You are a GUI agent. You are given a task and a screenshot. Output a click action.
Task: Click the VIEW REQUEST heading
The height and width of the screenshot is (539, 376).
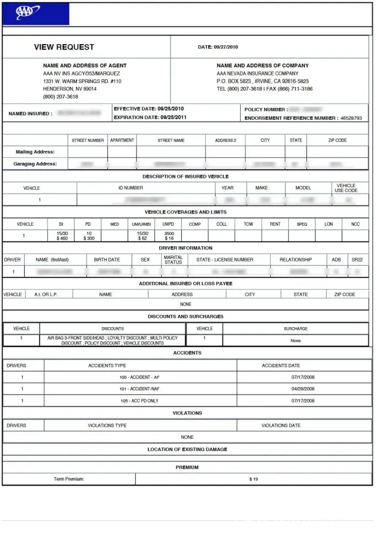(x=64, y=47)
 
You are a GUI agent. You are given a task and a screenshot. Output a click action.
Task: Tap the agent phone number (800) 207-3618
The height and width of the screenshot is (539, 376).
(x=60, y=97)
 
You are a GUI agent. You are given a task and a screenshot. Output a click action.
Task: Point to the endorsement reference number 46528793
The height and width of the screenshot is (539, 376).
(x=351, y=118)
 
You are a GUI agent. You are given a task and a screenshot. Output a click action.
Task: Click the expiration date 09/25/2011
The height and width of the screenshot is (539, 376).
(x=173, y=118)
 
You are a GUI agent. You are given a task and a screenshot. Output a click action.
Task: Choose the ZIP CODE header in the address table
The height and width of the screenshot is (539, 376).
(x=337, y=140)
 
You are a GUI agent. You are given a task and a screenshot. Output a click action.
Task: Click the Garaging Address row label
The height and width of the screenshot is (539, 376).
(x=35, y=164)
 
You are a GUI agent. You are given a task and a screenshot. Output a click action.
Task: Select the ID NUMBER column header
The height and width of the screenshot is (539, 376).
(x=131, y=188)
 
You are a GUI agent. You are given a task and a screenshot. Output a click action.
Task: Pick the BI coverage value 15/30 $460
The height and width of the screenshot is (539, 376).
(x=62, y=236)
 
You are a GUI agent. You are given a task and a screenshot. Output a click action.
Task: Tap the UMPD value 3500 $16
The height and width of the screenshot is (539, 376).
(x=169, y=236)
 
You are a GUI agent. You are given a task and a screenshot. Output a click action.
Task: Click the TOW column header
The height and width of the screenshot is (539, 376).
(x=248, y=224)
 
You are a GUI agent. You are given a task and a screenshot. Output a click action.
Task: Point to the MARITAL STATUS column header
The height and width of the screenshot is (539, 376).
(x=173, y=260)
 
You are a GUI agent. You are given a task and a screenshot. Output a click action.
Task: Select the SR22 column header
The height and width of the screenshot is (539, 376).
(x=357, y=260)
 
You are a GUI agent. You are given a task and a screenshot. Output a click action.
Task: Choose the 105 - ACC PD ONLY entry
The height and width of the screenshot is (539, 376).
(x=139, y=401)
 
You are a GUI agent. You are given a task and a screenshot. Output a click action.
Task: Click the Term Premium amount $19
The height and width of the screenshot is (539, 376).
(x=254, y=479)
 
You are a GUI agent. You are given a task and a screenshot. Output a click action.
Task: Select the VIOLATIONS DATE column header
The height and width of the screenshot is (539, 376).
(x=281, y=425)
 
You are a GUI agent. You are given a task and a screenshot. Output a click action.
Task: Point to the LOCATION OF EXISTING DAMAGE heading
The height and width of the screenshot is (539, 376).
(x=187, y=449)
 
